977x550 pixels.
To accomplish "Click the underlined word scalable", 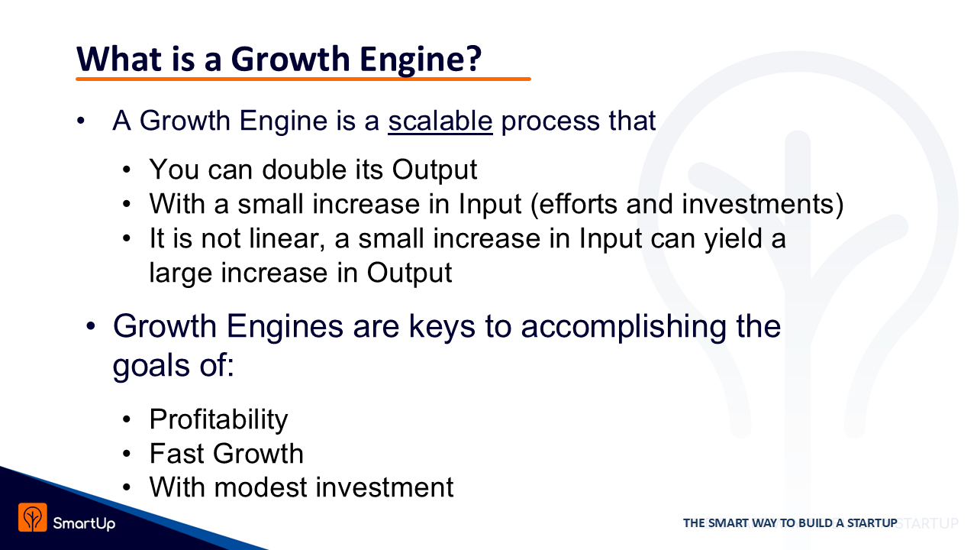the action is (x=440, y=121).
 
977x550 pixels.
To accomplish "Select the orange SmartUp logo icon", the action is (x=33, y=517).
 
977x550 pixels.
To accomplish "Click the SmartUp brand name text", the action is (x=84, y=523).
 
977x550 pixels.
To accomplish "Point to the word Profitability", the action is (x=218, y=419).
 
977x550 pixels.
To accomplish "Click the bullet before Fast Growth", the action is (x=127, y=455).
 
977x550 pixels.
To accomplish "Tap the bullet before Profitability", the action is (x=127, y=420).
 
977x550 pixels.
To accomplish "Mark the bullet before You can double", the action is (x=127, y=170).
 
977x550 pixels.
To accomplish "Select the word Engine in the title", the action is (x=408, y=60).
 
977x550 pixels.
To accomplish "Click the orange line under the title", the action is (x=303, y=79).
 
